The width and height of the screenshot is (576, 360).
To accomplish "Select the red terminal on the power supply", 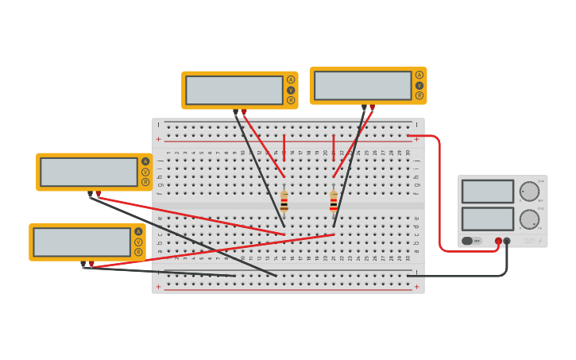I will pos(498,241).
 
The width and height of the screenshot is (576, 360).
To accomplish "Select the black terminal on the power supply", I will pos(507,241).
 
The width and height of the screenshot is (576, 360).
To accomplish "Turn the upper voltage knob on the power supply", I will pos(529,191).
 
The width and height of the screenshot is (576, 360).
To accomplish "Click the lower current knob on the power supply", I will pos(529,219).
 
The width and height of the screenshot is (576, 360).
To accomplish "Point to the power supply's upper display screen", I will pos(488,191).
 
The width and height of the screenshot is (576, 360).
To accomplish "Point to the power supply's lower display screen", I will pos(488,219).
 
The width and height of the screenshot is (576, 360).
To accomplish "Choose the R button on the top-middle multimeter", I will pos(291,100).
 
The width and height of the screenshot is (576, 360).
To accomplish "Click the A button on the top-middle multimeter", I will pos(291,79).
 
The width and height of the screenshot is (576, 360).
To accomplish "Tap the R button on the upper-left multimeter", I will pos(145,182).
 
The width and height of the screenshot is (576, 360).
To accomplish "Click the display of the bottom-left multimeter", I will pos(82,242).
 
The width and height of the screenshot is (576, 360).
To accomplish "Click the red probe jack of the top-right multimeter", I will pos(372,106).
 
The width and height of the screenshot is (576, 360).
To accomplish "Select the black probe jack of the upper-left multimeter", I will pos(90,193).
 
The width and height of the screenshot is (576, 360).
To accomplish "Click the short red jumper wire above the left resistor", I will pos(284,148).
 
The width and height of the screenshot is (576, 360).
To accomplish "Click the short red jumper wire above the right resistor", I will pos(334,148).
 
